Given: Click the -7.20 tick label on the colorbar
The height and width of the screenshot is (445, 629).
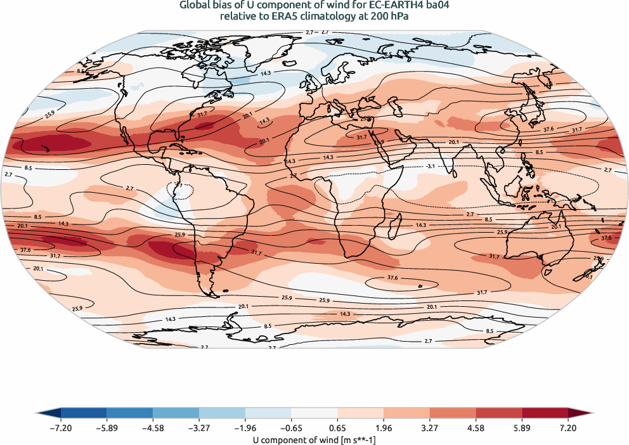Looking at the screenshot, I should tap(60, 429).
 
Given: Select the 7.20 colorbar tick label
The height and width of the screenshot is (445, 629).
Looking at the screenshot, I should tap(568, 429).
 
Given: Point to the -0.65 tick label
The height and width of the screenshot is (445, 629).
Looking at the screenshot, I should tap(245, 429).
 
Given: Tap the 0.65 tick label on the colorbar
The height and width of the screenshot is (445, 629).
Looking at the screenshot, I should tap(337, 429).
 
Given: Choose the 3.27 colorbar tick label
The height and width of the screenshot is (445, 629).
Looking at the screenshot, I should tap(430, 429).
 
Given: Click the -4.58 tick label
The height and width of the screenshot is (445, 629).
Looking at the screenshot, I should tap(153, 429).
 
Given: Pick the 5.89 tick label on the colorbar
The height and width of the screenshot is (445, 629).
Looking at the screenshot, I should tap(522, 429).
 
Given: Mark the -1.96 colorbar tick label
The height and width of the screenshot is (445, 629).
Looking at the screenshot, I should tap(198, 429).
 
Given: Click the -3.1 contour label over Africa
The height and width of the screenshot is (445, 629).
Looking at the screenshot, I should tap(430, 166).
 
